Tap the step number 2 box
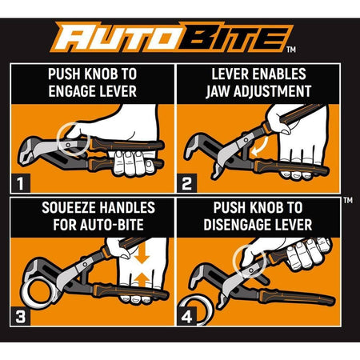point(187,183)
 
